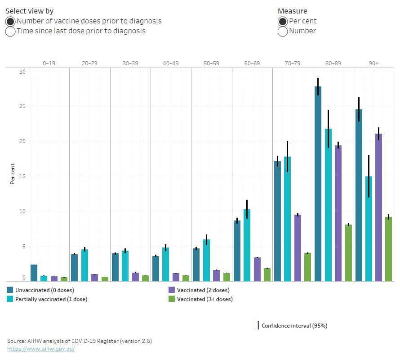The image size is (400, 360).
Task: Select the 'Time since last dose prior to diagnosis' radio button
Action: point(10,31)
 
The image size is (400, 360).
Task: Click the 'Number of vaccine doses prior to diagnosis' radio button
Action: point(10,21)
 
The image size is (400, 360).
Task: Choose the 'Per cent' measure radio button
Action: point(283,21)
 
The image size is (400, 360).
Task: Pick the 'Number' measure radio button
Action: point(283,31)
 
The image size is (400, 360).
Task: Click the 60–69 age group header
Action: point(252,63)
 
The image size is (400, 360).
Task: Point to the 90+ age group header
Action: point(373,63)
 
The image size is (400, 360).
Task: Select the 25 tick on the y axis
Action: point(22,106)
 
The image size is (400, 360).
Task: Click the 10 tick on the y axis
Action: point(22,211)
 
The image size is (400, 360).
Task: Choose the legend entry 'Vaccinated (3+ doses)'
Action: point(204,299)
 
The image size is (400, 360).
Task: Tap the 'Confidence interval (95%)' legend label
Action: point(294,326)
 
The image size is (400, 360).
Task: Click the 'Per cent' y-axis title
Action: point(12,174)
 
